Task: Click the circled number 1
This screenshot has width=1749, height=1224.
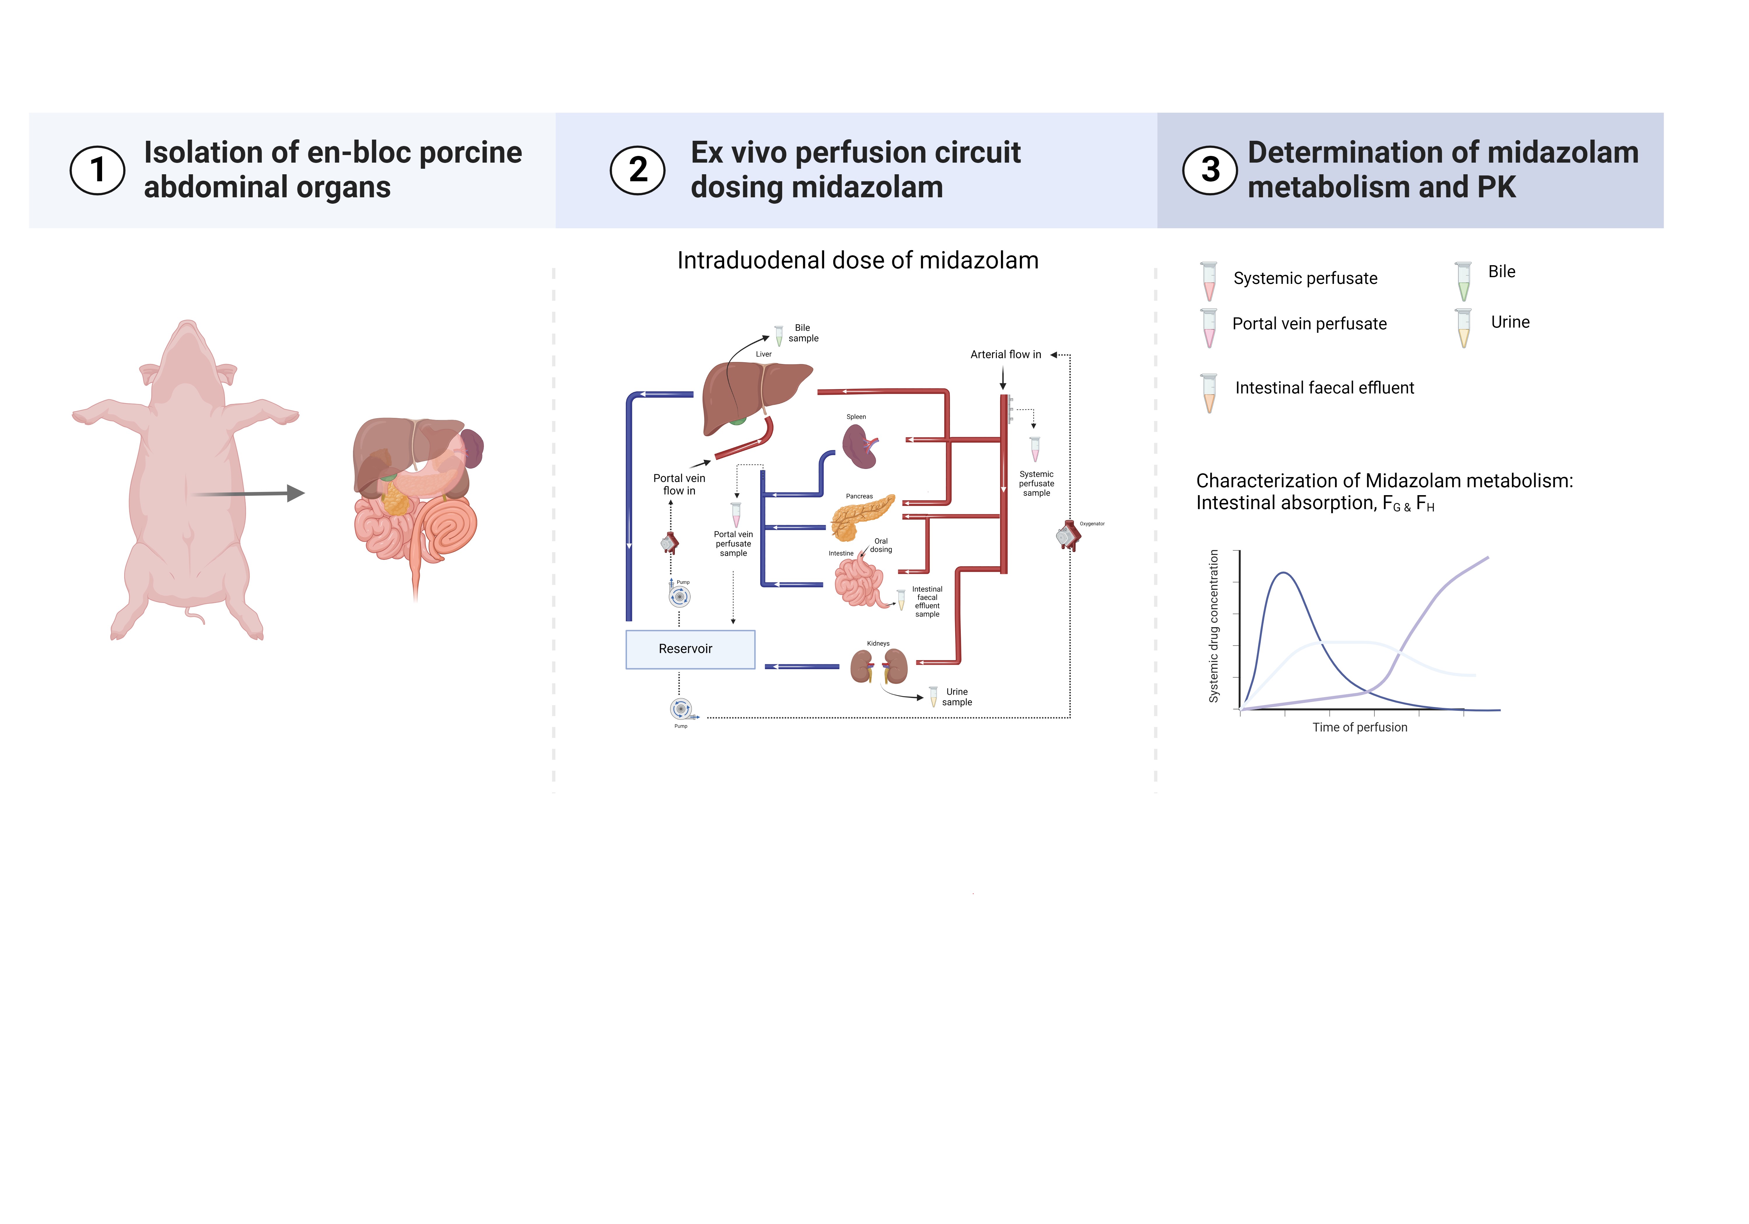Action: (97, 170)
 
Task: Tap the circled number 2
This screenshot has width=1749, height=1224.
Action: (638, 170)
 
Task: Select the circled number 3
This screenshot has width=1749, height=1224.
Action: (1210, 170)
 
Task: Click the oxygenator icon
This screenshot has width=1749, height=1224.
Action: (1068, 535)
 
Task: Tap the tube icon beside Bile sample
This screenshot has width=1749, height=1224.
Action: (779, 335)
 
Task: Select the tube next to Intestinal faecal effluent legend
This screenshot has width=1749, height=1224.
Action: (1209, 393)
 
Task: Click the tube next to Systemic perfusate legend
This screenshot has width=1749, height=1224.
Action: (1209, 281)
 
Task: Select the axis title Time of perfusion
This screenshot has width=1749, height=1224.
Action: (1360, 727)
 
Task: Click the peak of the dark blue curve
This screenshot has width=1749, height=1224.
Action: (1284, 573)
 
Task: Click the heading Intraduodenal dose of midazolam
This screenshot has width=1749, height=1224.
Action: (858, 261)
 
